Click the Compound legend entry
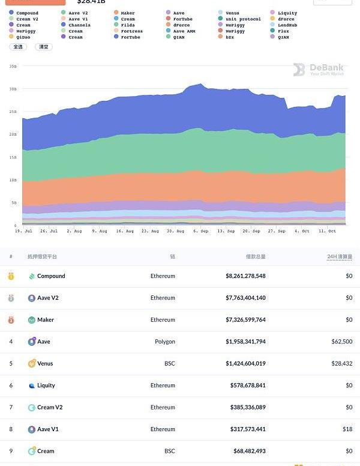pyautogui.click(x=27, y=13)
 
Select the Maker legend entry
pyautogui.click(x=127, y=13)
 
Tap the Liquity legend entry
pyautogui.click(x=287, y=13)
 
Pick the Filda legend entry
pyautogui.click(x=127, y=25)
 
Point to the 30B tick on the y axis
pyautogui.click(x=13, y=89)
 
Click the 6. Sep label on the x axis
pyautogui.click(x=201, y=231)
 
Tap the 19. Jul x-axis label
pyautogui.click(x=23, y=231)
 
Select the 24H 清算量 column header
pyautogui.click(x=340, y=256)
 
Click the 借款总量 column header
pyautogui.click(x=256, y=256)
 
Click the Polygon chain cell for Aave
pyautogui.click(x=164, y=342)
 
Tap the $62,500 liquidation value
pyautogui.click(x=341, y=342)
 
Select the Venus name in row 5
pyautogui.click(x=45, y=363)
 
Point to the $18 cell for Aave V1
pyautogui.click(x=347, y=429)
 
